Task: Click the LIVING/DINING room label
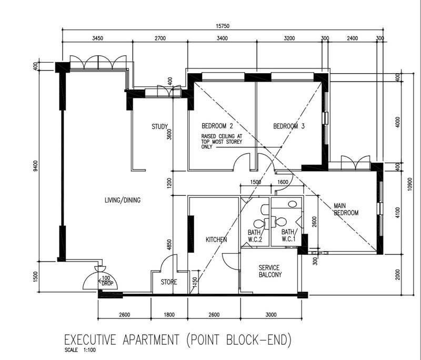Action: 123,200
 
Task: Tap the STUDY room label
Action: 159,127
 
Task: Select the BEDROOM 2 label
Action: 217,126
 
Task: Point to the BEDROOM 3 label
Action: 289,126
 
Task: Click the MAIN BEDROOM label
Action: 346,209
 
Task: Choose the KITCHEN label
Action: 216,239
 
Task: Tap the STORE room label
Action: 169,282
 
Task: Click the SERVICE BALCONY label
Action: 270,271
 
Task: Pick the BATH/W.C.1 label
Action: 288,235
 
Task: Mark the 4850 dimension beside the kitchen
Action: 169,245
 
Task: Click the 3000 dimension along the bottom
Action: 270,315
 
